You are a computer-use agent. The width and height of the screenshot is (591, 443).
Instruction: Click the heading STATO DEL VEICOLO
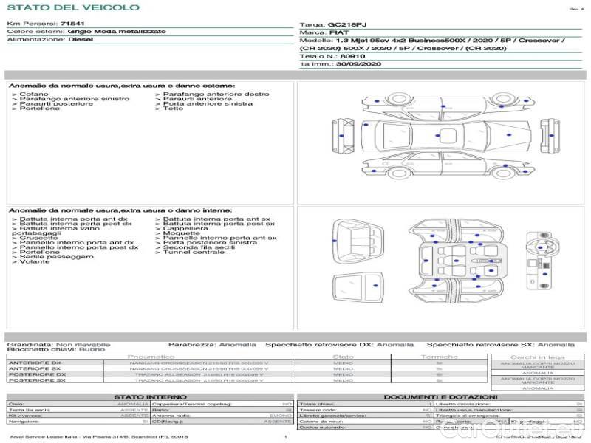pyautogui.click(x=72, y=7)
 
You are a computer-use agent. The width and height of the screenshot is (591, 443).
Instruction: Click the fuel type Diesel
pyautogui.click(x=81, y=40)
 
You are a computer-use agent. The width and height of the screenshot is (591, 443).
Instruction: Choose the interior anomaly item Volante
pyautogui.click(x=35, y=261)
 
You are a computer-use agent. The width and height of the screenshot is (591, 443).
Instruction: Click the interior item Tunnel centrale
pyautogui.click(x=194, y=252)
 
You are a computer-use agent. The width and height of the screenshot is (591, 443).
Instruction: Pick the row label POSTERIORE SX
pyautogui.click(x=36, y=380)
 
